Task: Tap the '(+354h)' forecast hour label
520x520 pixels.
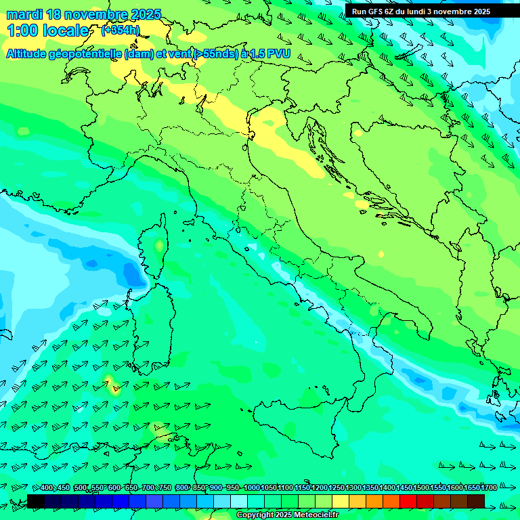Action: (x=121, y=30)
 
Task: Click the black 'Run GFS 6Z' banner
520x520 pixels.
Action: (x=427, y=11)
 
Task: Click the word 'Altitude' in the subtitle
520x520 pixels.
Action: (x=31, y=53)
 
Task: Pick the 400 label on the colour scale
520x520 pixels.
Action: (x=47, y=487)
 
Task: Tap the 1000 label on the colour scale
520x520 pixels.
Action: (x=251, y=487)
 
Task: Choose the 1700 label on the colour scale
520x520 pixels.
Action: (x=488, y=487)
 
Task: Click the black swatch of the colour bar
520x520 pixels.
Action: (x=36, y=501)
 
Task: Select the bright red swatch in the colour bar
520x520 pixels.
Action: (x=408, y=501)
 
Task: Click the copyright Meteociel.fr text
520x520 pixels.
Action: (x=287, y=515)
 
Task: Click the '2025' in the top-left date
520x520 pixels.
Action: (x=146, y=14)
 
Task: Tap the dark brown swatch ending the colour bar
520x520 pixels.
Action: (x=476, y=501)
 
